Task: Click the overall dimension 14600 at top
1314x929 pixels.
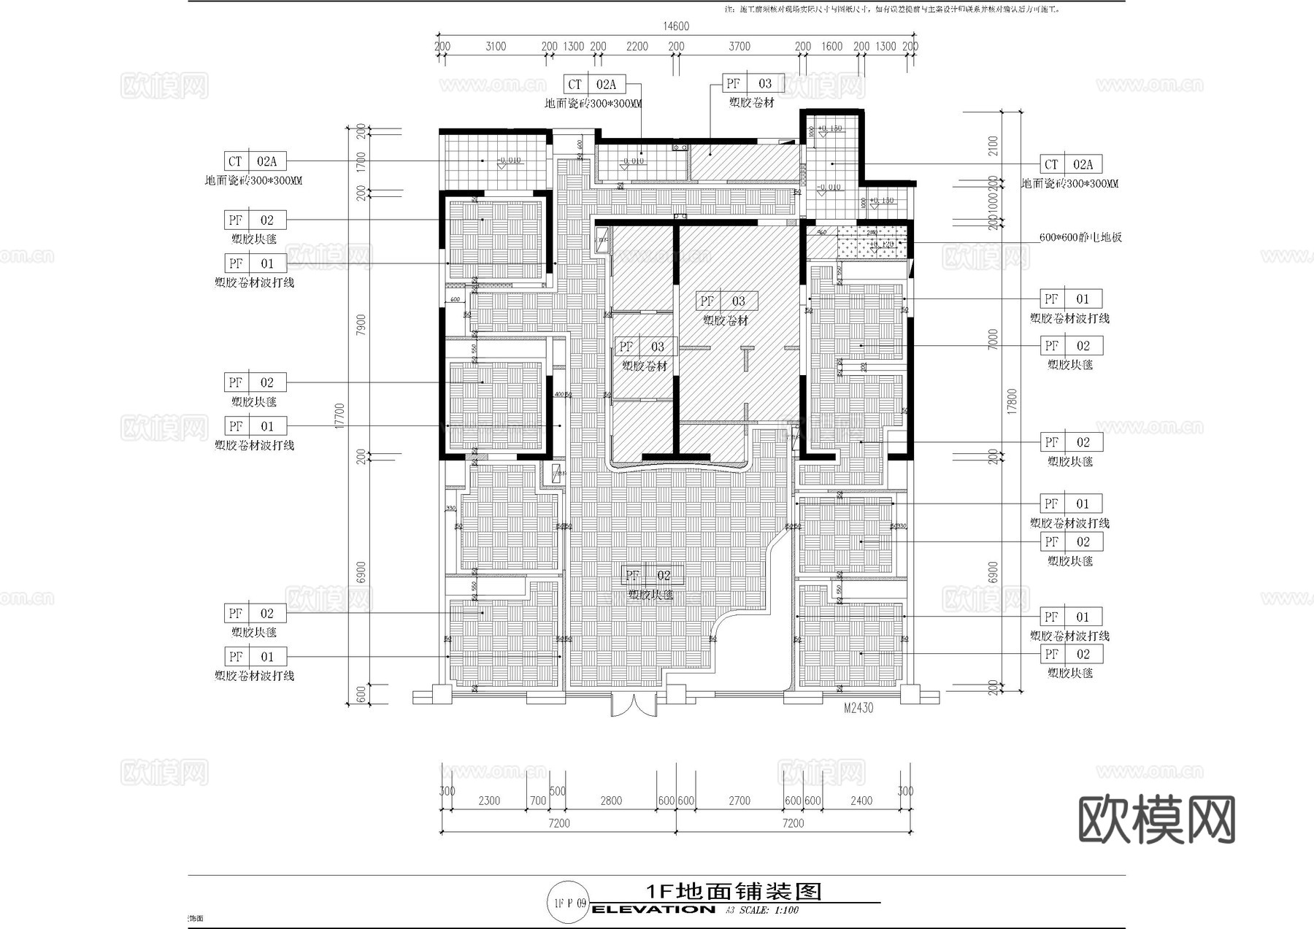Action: [x=675, y=26]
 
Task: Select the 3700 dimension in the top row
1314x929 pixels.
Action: [x=739, y=46]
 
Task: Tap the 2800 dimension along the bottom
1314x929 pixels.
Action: [x=611, y=801]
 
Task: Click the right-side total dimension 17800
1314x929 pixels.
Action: [x=1011, y=401]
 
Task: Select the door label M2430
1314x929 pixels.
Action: [x=858, y=708]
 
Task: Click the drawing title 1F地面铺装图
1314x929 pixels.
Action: [x=734, y=891]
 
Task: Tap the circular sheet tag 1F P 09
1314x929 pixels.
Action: [x=569, y=903]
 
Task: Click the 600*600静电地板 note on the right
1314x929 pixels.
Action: [x=1080, y=237]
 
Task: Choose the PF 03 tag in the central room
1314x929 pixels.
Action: [x=726, y=301]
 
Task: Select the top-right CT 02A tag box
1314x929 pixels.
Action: [x=1071, y=165]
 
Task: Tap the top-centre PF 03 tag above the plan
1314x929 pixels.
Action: [x=753, y=84]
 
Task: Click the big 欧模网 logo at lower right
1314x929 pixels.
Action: [x=1156, y=820]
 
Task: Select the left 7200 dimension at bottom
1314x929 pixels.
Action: [x=558, y=823]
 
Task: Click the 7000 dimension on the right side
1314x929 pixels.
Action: [x=992, y=339]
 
